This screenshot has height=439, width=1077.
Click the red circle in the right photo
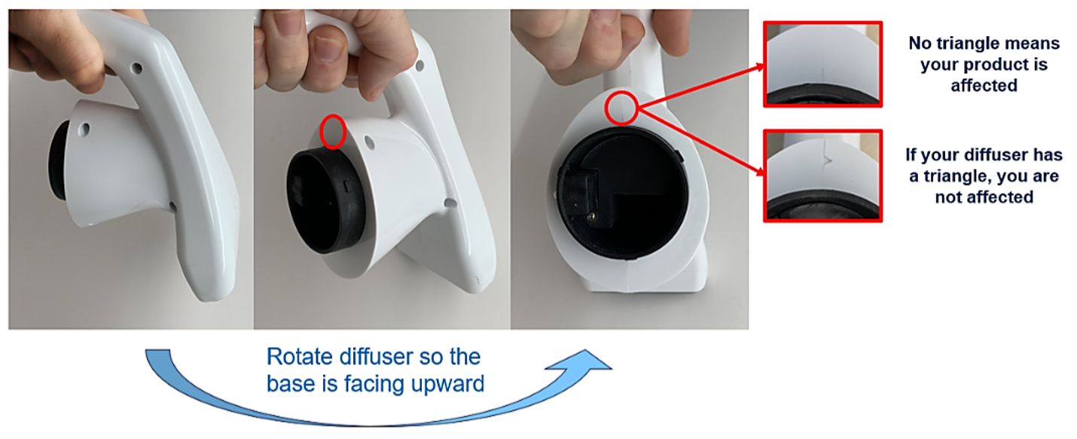[x=606, y=108]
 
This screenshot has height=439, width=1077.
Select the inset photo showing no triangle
[x=822, y=64]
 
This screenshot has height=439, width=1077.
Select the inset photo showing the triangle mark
[x=822, y=175]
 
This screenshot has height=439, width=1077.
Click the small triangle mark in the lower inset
[x=828, y=160]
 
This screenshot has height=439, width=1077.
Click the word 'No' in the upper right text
[x=919, y=43]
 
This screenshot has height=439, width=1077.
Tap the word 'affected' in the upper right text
[x=984, y=86]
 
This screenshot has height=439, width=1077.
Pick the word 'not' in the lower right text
[x=949, y=197]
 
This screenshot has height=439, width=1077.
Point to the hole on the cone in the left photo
[x=84, y=129]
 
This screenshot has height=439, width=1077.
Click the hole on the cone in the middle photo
[x=369, y=142]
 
